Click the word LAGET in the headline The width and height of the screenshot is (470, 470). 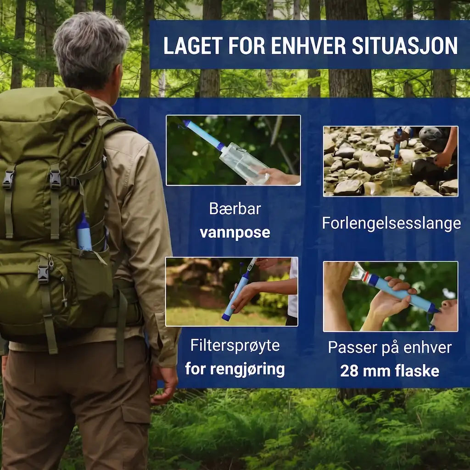point(193,46)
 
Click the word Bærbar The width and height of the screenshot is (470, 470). point(235,209)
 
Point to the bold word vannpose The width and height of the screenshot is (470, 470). point(235,233)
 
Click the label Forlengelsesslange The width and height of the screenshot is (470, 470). point(391,224)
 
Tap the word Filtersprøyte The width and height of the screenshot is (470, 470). point(235,346)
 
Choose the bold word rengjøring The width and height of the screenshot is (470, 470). point(247,369)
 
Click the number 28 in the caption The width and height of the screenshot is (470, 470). point(349,371)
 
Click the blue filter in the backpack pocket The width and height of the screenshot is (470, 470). point(84,233)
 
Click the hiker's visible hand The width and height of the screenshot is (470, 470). point(164,385)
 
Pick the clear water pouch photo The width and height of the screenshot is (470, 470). point(233,150)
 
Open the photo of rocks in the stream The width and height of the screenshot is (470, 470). point(391,161)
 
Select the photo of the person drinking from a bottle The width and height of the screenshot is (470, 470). point(390,297)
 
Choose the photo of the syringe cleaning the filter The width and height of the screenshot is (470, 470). point(232,291)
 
